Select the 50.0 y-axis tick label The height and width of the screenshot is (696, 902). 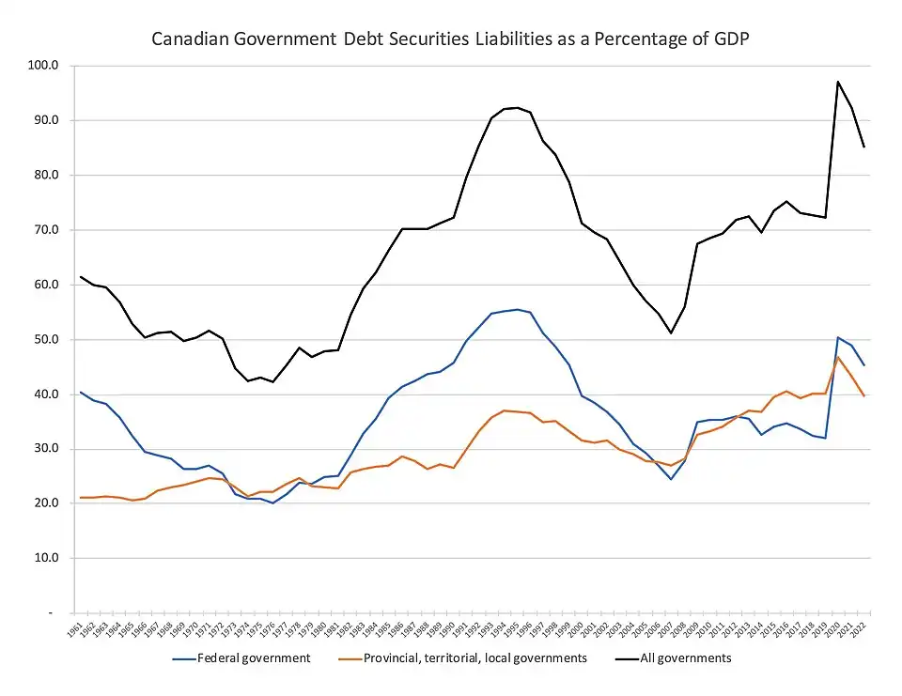45,339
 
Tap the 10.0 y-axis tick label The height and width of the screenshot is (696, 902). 45,558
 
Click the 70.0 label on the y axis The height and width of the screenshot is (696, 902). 45,230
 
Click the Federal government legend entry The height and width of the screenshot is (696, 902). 253,658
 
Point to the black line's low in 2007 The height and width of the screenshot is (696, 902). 671,333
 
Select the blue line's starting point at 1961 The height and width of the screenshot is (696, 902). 80,392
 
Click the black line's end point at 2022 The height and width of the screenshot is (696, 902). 863,147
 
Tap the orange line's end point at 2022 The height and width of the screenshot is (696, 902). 863,395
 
